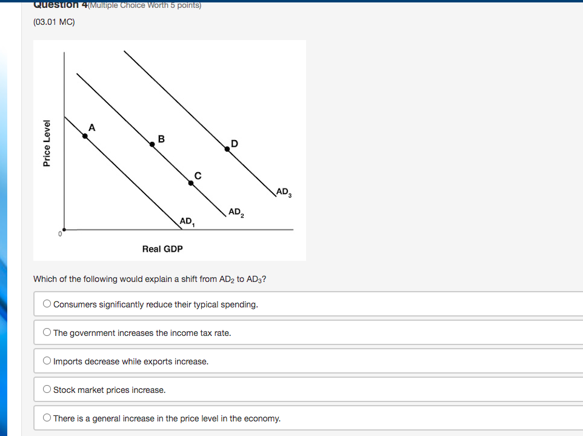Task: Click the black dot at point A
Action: tap(85, 136)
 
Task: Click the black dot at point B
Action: tap(153, 144)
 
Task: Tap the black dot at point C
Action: tap(191, 182)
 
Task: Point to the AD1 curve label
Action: tap(187, 221)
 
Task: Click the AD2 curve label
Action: tap(236, 212)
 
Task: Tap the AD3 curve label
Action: tap(284, 192)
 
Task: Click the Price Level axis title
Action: tap(47, 143)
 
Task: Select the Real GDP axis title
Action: tap(162, 249)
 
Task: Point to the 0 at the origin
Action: tap(60, 233)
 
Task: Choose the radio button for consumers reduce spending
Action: tap(47, 304)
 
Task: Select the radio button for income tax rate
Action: tap(47, 333)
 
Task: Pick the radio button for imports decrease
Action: tap(47, 361)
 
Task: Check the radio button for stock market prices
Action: tap(47, 390)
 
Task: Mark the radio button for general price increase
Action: tap(47, 418)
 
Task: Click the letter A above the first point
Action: tap(92, 127)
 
